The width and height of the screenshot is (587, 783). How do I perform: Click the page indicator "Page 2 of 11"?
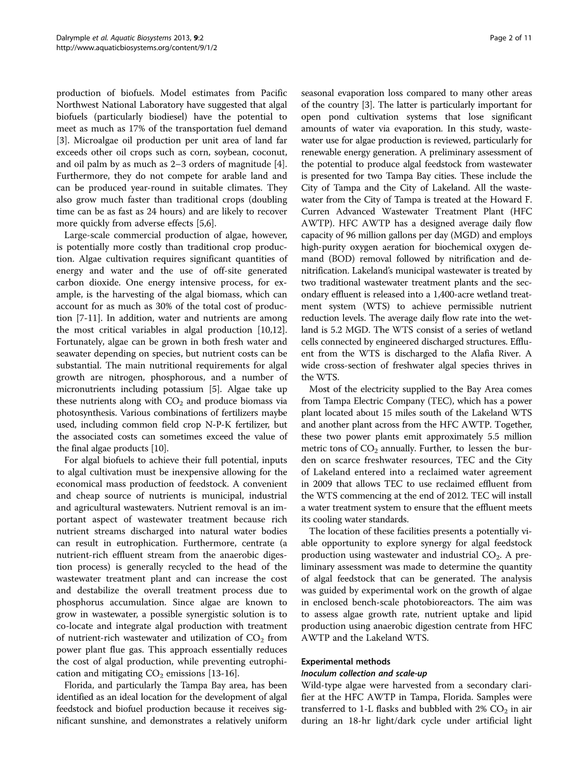pos(510,38)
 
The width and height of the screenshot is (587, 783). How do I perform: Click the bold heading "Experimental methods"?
pos(346,662)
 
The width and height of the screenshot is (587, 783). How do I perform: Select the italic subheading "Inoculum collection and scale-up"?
pos(366,673)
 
